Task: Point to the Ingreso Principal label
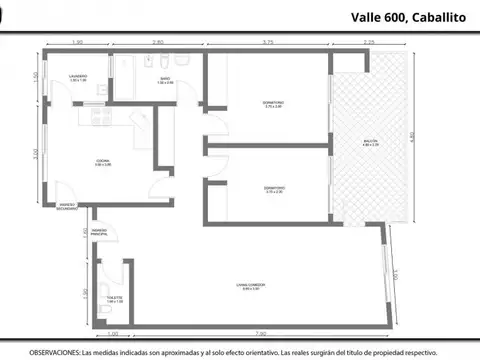click(x=100, y=232)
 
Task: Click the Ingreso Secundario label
click(x=60, y=207)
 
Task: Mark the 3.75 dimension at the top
click(x=268, y=43)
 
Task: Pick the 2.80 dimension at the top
click(x=158, y=43)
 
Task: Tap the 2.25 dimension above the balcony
click(x=369, y=43)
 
